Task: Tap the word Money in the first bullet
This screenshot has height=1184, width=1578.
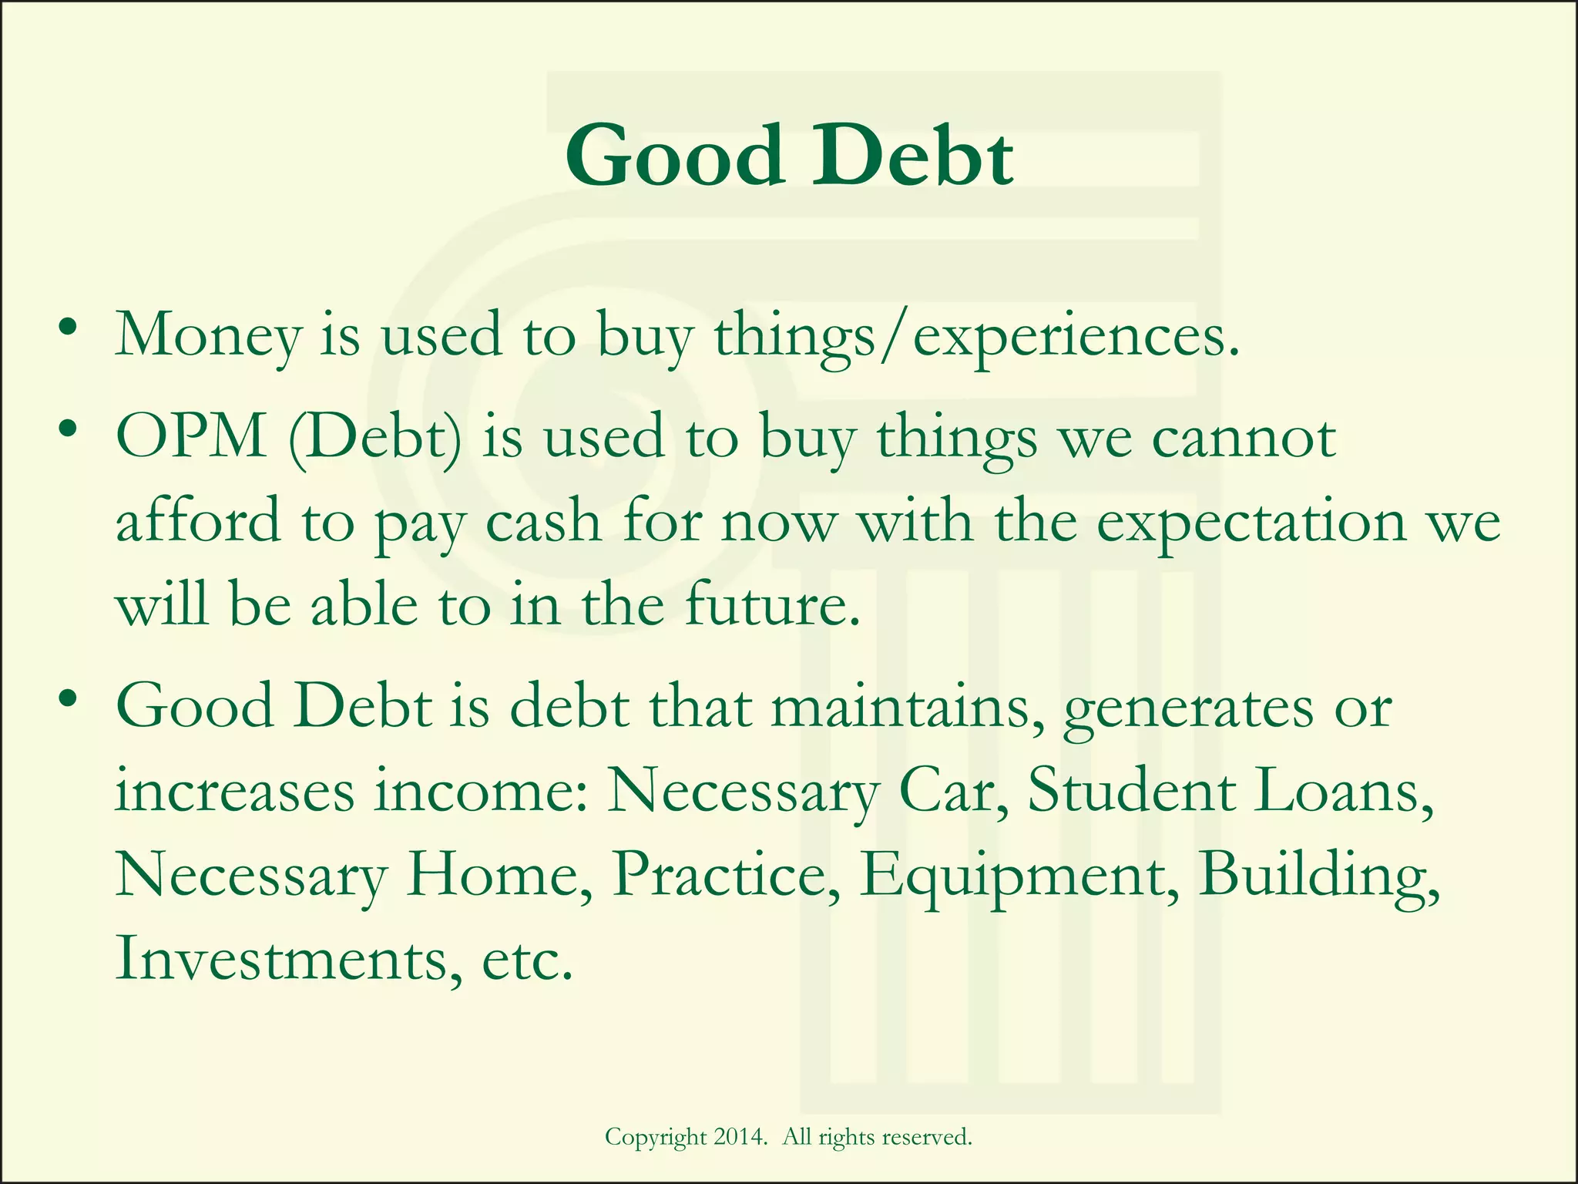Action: pyautogui.click(x=208, y=336)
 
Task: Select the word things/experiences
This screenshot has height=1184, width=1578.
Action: pyautogui.click(x=977, y=336)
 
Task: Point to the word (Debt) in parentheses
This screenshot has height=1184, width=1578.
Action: pyautogui.click(x=376, y=438)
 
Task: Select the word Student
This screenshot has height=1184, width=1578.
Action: pyautogui.click(x=1132, y=791)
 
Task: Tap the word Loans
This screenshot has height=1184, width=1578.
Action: pyautogui.click(x=1345, y=791)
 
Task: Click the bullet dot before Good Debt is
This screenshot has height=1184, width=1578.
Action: pyautogui.click(x=69, y=698)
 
